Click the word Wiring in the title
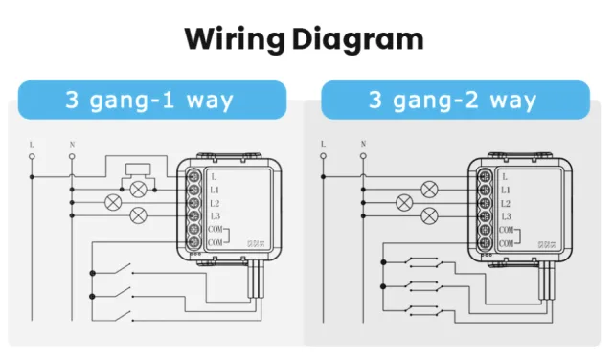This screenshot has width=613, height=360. pyautogui.click(x=234, y=39)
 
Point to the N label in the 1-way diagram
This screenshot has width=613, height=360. pyautogui.click(x=72, y=146)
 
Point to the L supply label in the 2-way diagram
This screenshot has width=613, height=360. pyautogui.click(x=323, y=146)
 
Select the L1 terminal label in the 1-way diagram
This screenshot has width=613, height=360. pyautogui.click(x=215, y=191)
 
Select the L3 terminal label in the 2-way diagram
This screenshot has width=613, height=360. pyautogui.click(x=506, y=217)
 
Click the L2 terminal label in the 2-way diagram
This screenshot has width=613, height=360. pyautogui.click(x=506, y=204)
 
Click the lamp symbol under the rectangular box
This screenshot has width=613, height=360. pyautogui.click(x=139, y=190)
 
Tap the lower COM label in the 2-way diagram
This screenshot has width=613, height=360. pyautogui.click(x=507, y=244)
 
